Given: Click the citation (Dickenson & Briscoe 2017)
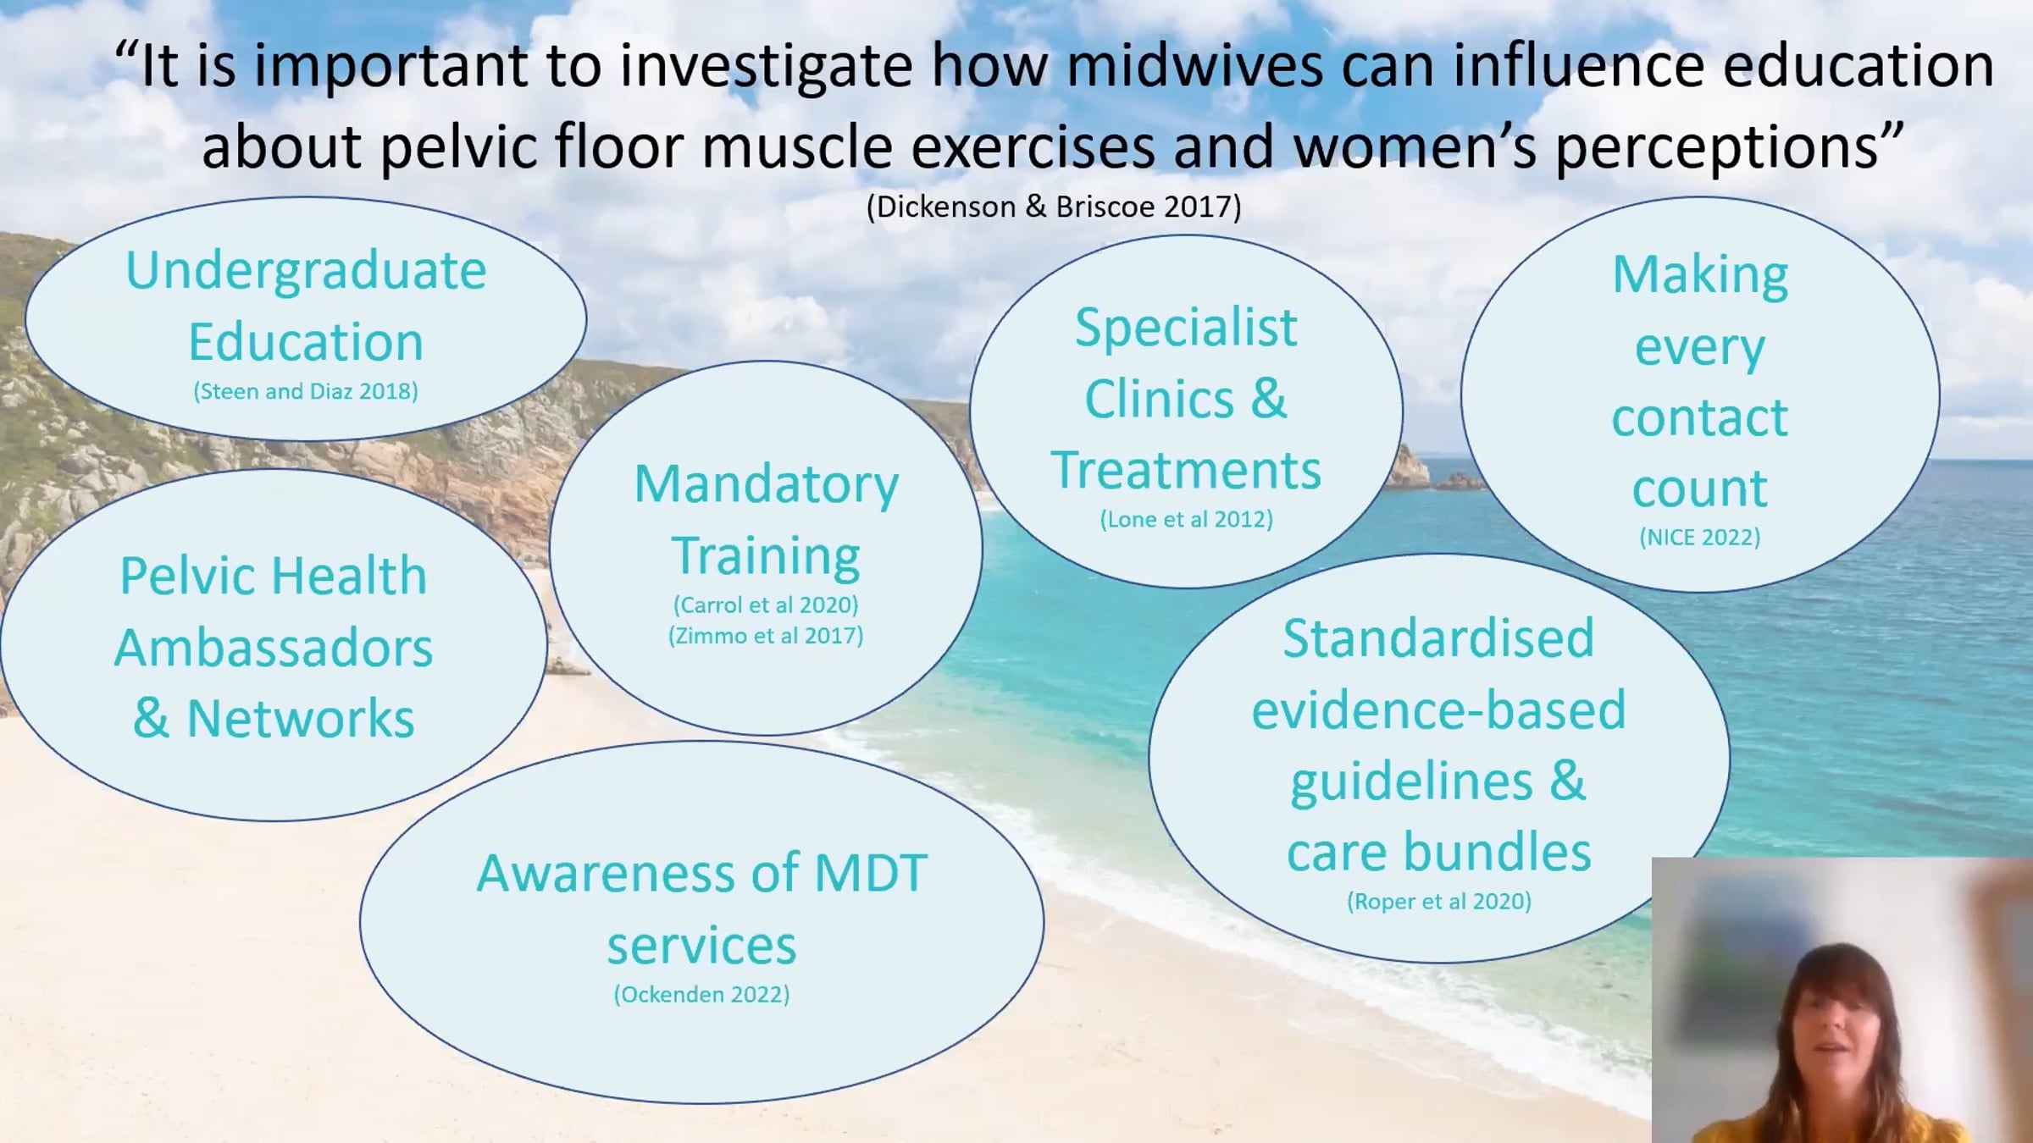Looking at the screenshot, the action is pyautogui.click(x=1054, y=207).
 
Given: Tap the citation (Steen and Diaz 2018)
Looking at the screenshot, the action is pyautogui.click(x=306, y=391).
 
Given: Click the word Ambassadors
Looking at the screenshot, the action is pyautogui.click(x=274, y=648).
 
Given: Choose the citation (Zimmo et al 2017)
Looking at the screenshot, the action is pyautogui.click(x=766, y=636).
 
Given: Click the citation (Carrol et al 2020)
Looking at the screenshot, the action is pyautogui.click(x=766, y=605).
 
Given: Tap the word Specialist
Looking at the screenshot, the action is pyautogui.click(x=1186, y=329).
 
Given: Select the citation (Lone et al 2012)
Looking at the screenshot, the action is pyautogui.click(x=1186, y=519).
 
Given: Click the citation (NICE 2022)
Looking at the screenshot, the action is pyautogui.click(x=1699, y=537).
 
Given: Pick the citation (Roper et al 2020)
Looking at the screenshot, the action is pyautogui.click(x=1438, y=901).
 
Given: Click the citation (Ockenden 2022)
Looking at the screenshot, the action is pyautogui.click(x=701, y=994).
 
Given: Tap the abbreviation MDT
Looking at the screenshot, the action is pyautogui.click(x=871, y=874).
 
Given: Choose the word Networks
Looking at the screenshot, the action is pyautogui.click(x=301, y=719).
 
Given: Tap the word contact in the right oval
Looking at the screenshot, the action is pyautogui.click(x=1699, y=417).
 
